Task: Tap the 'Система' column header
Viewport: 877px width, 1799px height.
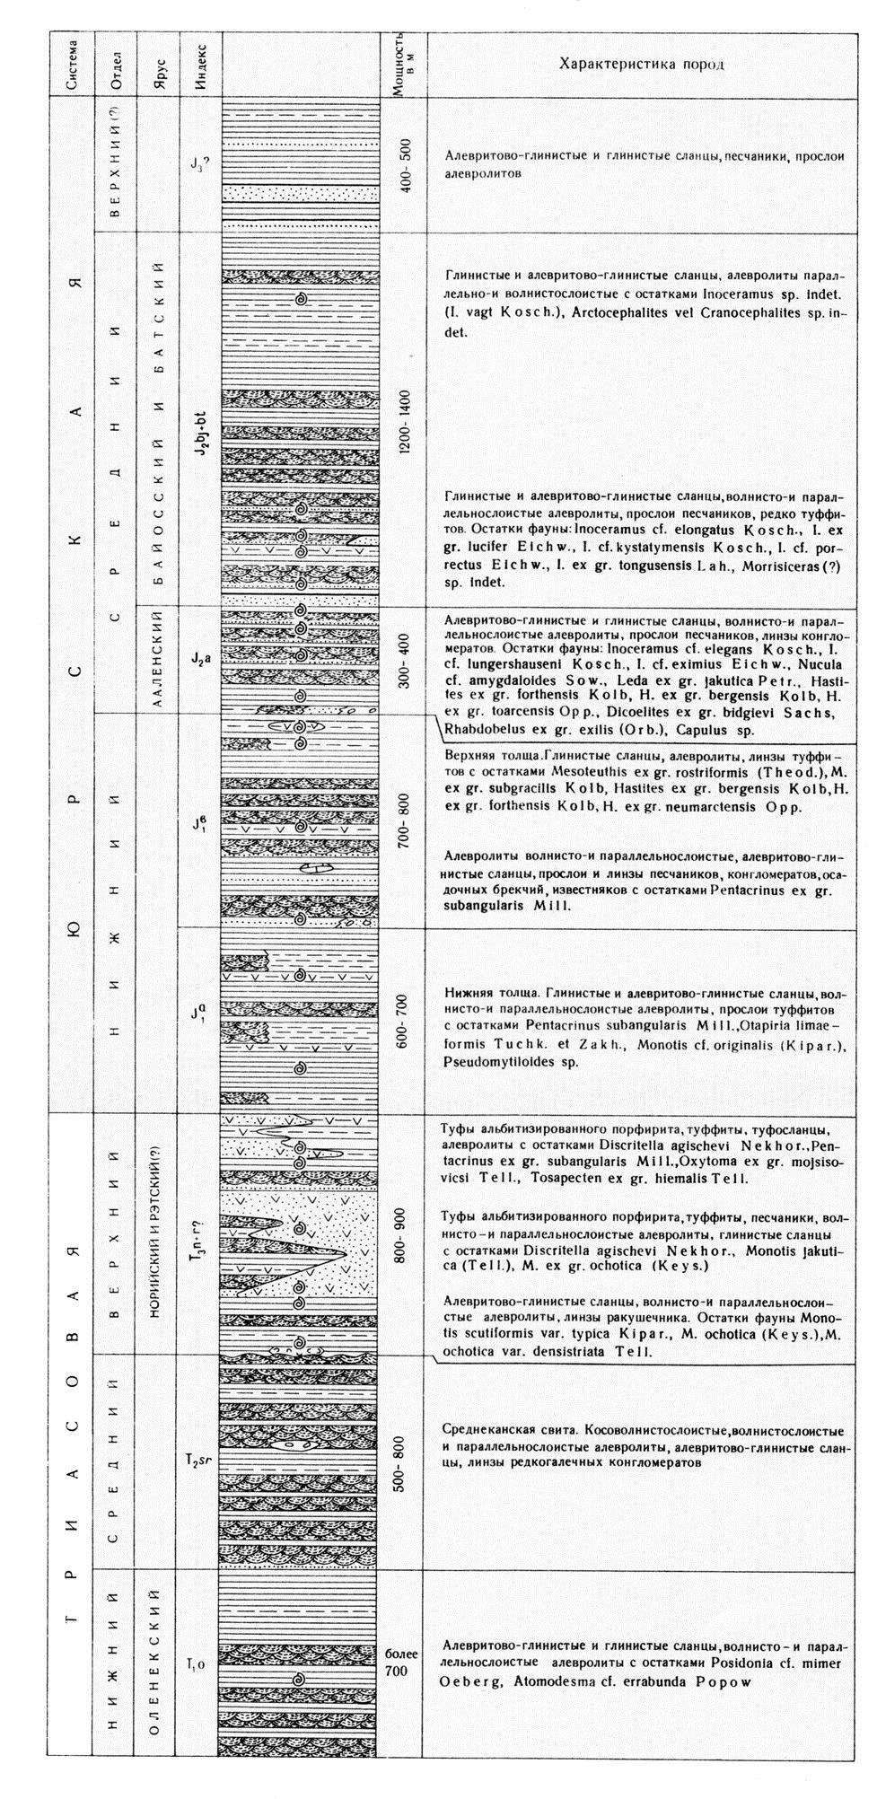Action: (72, 65)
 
